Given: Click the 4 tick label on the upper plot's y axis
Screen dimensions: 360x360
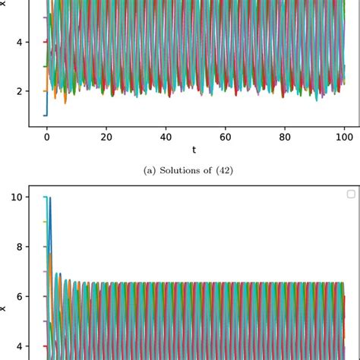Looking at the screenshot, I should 18,42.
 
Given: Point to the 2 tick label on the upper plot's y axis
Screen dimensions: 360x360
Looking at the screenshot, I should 18,91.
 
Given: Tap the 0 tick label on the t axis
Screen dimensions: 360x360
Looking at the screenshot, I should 46,137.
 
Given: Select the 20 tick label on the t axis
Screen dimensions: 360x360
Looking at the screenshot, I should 106,137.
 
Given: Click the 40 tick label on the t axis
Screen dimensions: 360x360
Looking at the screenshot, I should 165,137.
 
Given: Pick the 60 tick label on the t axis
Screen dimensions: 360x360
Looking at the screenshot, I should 225,137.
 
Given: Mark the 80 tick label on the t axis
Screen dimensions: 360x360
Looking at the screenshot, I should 284,137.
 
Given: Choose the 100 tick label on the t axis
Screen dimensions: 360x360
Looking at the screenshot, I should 343,137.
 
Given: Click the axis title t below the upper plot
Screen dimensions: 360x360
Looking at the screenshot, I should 194,150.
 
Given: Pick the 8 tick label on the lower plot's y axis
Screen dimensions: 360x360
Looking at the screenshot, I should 18,247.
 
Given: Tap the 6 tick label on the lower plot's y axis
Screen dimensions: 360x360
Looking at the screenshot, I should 18,296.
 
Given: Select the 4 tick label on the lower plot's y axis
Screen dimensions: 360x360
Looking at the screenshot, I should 18,346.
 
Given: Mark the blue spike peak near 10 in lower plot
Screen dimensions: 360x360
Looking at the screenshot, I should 51,199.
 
